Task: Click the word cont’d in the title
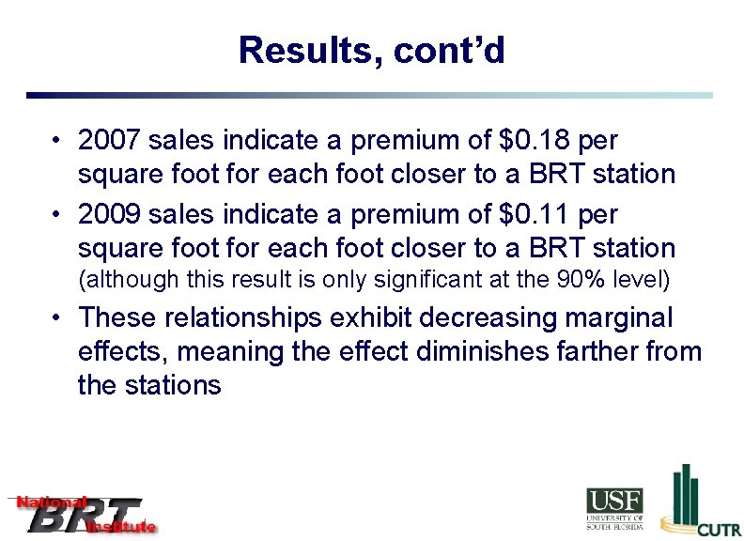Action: (x=449, y=50)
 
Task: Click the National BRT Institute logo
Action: (x=83, y=514)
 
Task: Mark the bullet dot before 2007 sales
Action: (x=58, y=142)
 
